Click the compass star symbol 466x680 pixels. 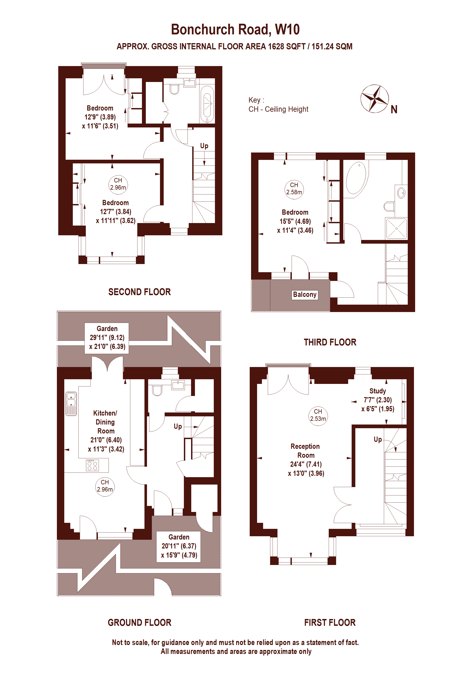pos(375,99)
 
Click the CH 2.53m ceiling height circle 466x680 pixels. pos(318,415)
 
